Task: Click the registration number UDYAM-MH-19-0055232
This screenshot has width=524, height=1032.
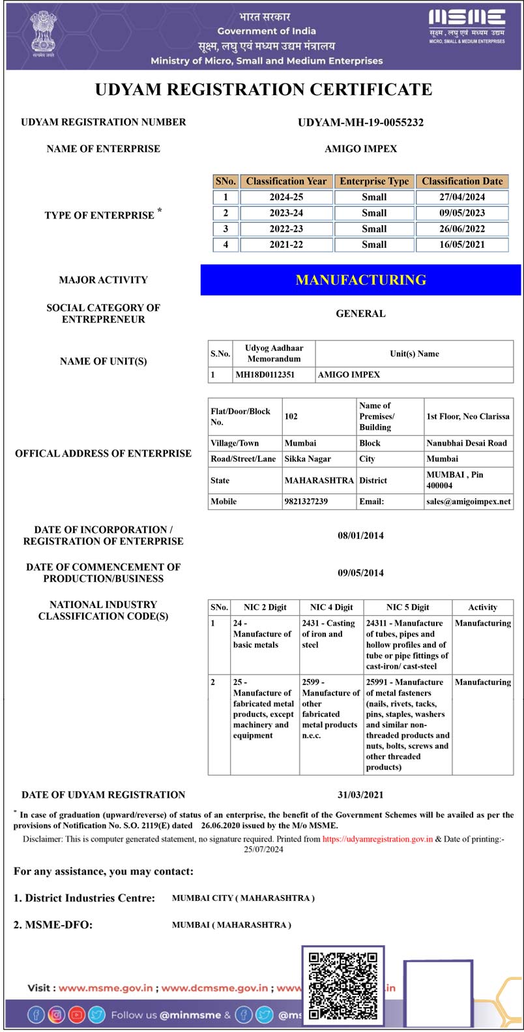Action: pos(360,123)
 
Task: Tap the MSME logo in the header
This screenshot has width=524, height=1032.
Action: pos(467,26)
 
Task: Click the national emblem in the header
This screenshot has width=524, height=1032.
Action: pos(43,33)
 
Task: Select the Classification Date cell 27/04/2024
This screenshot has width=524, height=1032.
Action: pos(462,197)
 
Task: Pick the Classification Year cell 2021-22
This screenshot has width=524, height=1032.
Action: pos(286,245)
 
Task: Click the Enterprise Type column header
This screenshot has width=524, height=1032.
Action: pos(374,181)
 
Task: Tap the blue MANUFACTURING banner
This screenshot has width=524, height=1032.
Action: pos(360,280)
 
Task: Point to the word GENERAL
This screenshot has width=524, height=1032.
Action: pos(360,314)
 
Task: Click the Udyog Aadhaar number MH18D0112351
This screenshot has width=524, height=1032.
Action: pos(265,375)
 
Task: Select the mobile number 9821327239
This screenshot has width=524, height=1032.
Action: pos(306,502)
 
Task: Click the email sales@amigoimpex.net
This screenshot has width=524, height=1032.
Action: pos(469,502)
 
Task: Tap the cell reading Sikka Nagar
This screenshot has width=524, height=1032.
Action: pos(308,459)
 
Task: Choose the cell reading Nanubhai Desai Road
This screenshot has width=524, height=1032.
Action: pos(467,444)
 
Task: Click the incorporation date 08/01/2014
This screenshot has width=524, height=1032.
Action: pos(360,536)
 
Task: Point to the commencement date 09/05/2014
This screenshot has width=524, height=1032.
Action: pos(360,573)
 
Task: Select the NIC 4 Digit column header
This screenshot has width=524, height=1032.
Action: pos(331,607)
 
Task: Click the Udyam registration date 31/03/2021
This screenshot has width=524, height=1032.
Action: pos(360,795)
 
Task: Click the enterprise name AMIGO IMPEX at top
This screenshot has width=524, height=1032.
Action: pos(360,149)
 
